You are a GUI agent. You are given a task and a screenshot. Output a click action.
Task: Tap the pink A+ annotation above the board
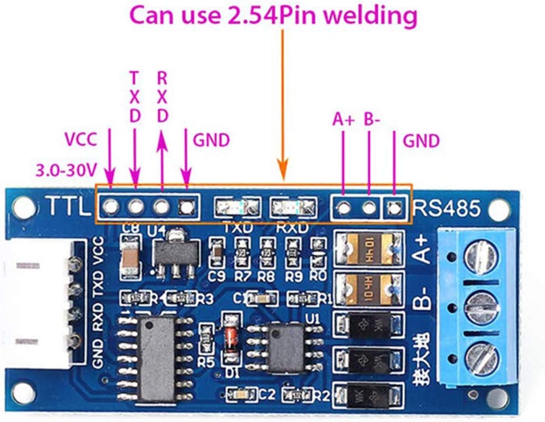(343, 120)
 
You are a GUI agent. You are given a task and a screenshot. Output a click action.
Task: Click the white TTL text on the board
(68, 207)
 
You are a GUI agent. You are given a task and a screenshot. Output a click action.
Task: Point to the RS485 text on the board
(446, 208)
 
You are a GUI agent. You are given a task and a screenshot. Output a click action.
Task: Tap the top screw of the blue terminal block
(481, 255)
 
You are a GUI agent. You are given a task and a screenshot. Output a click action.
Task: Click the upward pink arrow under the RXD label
(161, 161)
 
